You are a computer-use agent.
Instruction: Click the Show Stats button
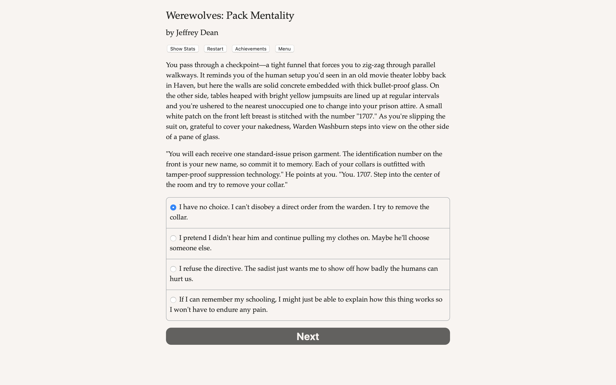[x=182, y=49]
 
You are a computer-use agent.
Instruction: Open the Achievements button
[x=250, y=49]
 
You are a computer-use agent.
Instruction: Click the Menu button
[x=284, y=49]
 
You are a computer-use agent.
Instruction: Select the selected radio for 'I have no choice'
[x=173, y=207]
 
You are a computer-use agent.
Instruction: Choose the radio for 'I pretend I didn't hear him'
[x=173, y=238]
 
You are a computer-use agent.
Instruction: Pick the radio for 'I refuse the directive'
[x=173, y=269]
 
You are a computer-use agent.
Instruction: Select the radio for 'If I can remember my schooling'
[x=173, y=300]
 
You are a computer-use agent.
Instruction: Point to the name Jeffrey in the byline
[x=187, y=33]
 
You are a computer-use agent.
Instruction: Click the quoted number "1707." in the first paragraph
[x=367, y=116]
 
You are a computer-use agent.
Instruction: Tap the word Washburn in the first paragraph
[x=333, y=127]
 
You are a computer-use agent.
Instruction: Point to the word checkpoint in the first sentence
[x=242, y=65]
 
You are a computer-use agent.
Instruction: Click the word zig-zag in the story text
[x=373, y=65]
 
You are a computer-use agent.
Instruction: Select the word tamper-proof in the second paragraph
[x=186, y=174]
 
